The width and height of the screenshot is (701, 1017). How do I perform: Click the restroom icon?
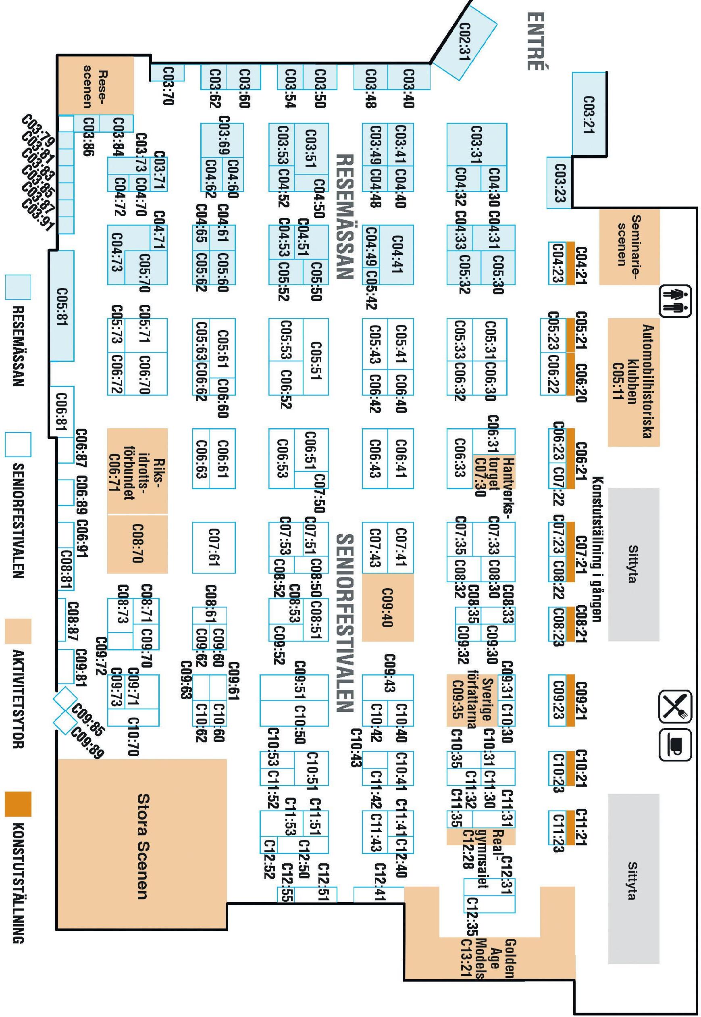pos(675,300)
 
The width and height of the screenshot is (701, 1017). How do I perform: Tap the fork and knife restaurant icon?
pos(675,706)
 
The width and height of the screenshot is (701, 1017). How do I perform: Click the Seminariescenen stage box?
pos(629,246)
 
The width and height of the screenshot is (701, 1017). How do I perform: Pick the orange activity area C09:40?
pos(387,607)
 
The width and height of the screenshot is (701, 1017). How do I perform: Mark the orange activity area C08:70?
pos(137,544)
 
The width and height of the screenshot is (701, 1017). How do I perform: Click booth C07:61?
pos(214,547)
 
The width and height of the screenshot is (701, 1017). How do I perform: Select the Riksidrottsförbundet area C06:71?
pos(137,471)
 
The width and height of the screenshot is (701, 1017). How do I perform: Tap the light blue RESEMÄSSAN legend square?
pos(18,287)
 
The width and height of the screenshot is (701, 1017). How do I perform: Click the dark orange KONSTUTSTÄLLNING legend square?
pos(18,804)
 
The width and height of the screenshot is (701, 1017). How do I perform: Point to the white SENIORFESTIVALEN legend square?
pos(18,444)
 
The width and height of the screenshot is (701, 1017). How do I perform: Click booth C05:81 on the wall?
pos(62,306)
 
